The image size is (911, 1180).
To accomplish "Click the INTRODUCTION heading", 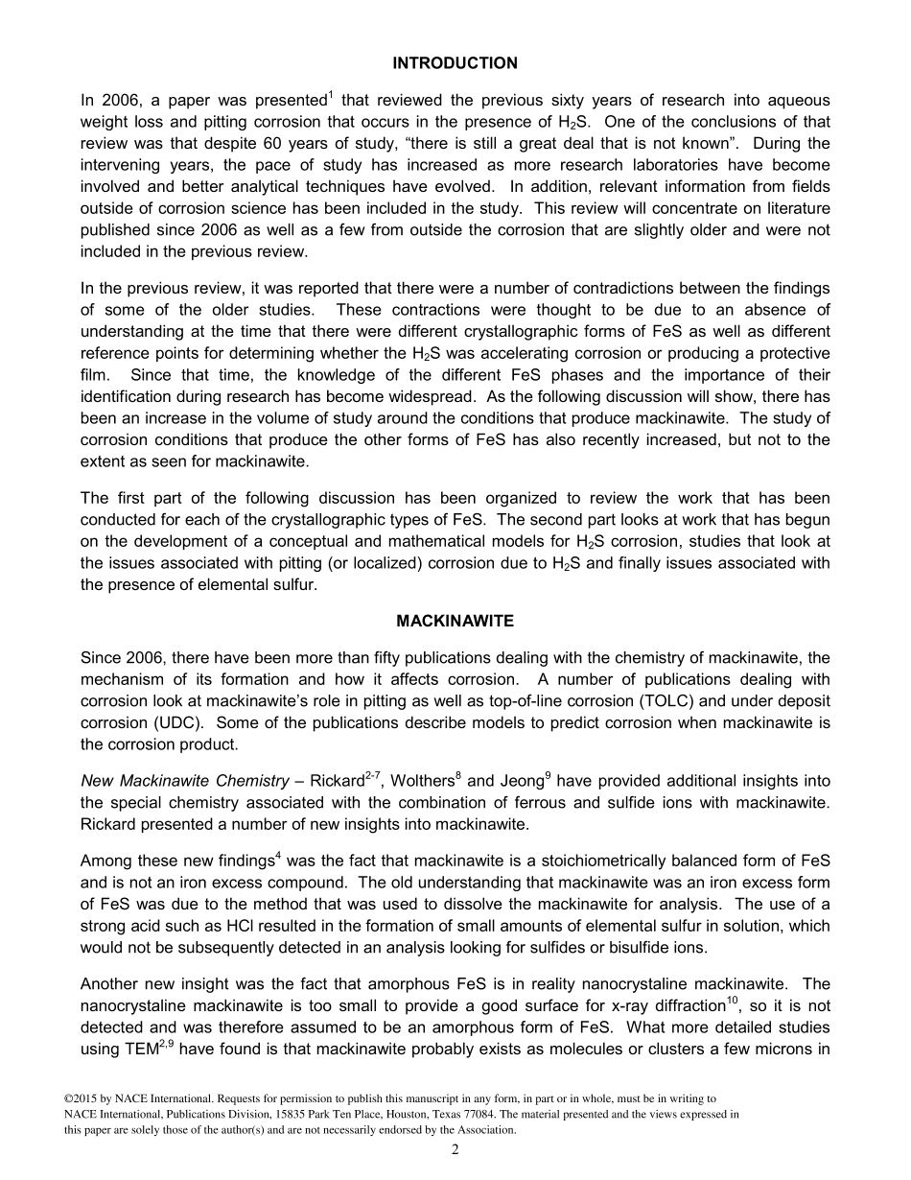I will [x=455, y=63].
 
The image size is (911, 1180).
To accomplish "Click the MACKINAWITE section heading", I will [x=455, y=622].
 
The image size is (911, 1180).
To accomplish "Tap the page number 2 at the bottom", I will [x=455, y=1151].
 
